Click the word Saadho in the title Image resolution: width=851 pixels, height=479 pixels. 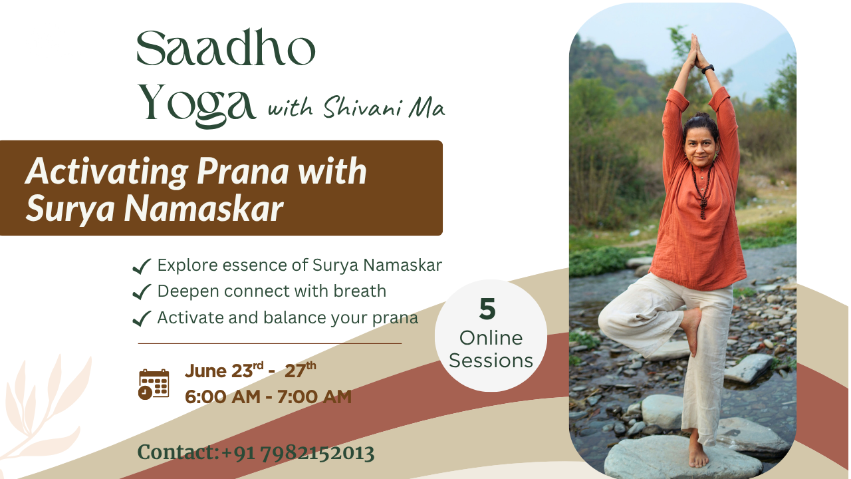[226, 48]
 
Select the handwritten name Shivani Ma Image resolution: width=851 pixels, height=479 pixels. [384, 106]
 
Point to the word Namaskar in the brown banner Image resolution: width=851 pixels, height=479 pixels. [203, 209]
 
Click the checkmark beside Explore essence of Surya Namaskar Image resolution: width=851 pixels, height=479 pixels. [142, 266]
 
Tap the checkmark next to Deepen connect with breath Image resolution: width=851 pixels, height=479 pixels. [142, 292]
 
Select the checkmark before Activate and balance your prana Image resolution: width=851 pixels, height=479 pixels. [142, 318]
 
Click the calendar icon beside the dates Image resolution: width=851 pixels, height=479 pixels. [154, 385]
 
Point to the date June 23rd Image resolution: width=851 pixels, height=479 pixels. [224, 371]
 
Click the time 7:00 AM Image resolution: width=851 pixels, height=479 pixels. [314, 397]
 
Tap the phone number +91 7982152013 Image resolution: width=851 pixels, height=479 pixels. [298, 453]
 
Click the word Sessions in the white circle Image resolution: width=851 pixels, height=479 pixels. [491, 361]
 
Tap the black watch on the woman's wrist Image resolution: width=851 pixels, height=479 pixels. [708, 69]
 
